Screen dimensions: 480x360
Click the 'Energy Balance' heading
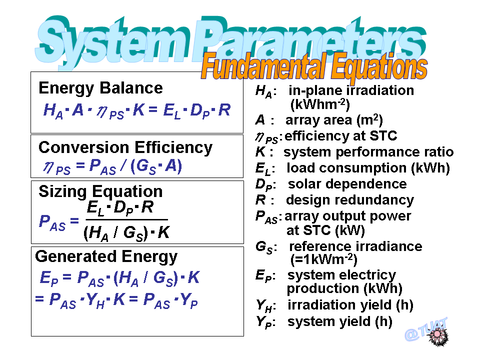(100, 88)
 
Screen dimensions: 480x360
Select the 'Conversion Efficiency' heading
(125, 148)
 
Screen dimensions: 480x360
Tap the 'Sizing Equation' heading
(100, 191)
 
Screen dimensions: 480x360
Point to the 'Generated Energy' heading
(106, 256)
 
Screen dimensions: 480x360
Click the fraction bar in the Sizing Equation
(126, 219)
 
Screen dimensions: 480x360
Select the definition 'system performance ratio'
(368, 152)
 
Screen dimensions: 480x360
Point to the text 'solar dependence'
(347, 184)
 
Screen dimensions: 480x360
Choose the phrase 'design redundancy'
(350, 200)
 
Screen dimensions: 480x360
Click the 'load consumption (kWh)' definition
(368, 168)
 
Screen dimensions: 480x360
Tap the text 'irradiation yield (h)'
(350, 305)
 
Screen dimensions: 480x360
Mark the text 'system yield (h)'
(340, 321)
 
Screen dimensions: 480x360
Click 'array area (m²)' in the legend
(334, 120)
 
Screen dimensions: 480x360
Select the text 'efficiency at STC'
(341, 136)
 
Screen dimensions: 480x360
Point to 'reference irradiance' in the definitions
(355, 246)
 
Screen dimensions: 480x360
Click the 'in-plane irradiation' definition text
(351, 90)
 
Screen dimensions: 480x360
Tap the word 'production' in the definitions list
(323, 288)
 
